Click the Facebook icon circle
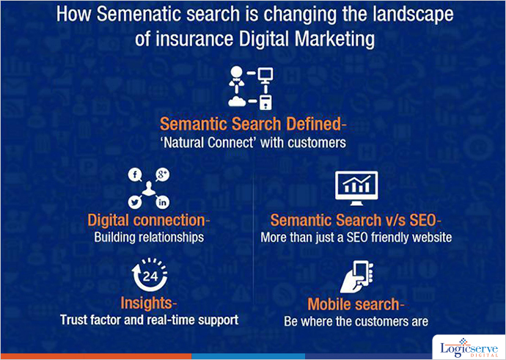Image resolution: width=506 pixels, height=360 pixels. click(x=135, y=175)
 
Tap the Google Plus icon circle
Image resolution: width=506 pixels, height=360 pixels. click(x=162, y=175)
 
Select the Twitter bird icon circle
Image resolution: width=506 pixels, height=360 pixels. click(x=135, y=202)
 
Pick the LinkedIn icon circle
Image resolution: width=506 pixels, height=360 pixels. click(x=162, y=202)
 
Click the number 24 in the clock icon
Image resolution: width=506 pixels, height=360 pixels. click(x=150, y=276)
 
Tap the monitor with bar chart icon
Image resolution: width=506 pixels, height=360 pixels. click(x=356, y=188)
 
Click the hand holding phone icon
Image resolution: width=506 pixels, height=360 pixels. click(x=357, y=276)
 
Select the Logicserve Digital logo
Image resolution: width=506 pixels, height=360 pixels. click(x=470, y=348)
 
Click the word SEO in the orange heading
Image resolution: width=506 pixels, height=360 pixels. click(x=422, y=220)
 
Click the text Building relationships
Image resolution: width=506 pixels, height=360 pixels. click(x=149, y=237)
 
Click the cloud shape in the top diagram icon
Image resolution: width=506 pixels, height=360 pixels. click(x=238, y=101)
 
